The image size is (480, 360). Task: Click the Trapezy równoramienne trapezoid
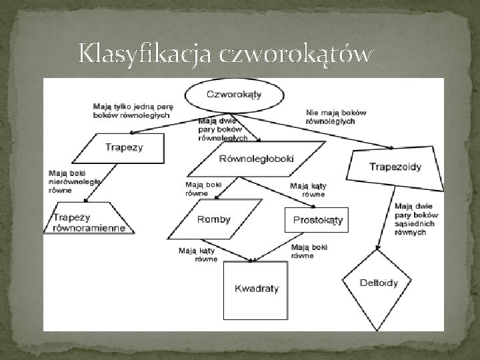pos(89,221)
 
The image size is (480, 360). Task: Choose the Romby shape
pos(215,219)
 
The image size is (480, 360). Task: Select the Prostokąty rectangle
pos(317,219)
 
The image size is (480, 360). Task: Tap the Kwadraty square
pos(256,289)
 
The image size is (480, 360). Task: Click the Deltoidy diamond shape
pos(379,283)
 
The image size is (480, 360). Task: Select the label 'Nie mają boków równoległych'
pos(336,117)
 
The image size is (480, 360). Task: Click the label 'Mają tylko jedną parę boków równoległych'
pos(132,110)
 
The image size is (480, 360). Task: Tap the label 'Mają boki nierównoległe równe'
pos(74,180)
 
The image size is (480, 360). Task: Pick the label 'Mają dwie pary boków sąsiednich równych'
pos(417,219)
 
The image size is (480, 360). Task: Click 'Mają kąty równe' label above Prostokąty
pos(309,190)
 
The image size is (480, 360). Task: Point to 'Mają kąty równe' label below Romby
pos(197,255)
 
